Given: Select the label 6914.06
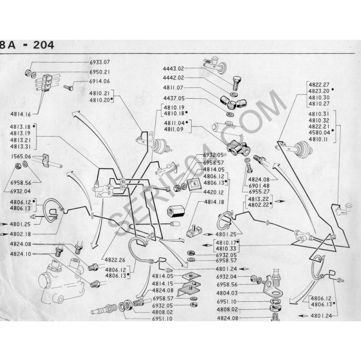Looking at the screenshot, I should (100, 81).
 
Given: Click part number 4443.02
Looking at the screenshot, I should (173, 69).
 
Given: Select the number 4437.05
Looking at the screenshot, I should (173, 97).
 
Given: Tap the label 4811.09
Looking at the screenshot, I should (173, 129).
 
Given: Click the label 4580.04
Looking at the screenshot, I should (318, 133).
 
